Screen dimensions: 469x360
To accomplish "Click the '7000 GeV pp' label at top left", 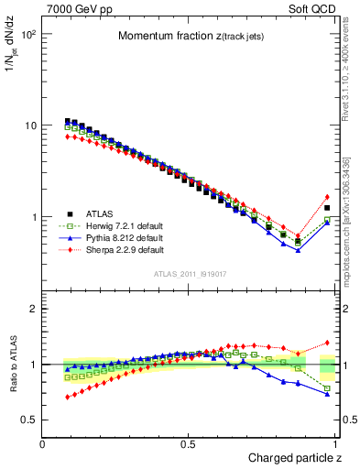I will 74,8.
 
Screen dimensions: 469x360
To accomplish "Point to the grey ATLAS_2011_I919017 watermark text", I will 191,274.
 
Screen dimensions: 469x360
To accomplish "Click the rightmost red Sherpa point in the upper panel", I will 327,197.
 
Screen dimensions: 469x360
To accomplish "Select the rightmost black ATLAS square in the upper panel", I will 327,208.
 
